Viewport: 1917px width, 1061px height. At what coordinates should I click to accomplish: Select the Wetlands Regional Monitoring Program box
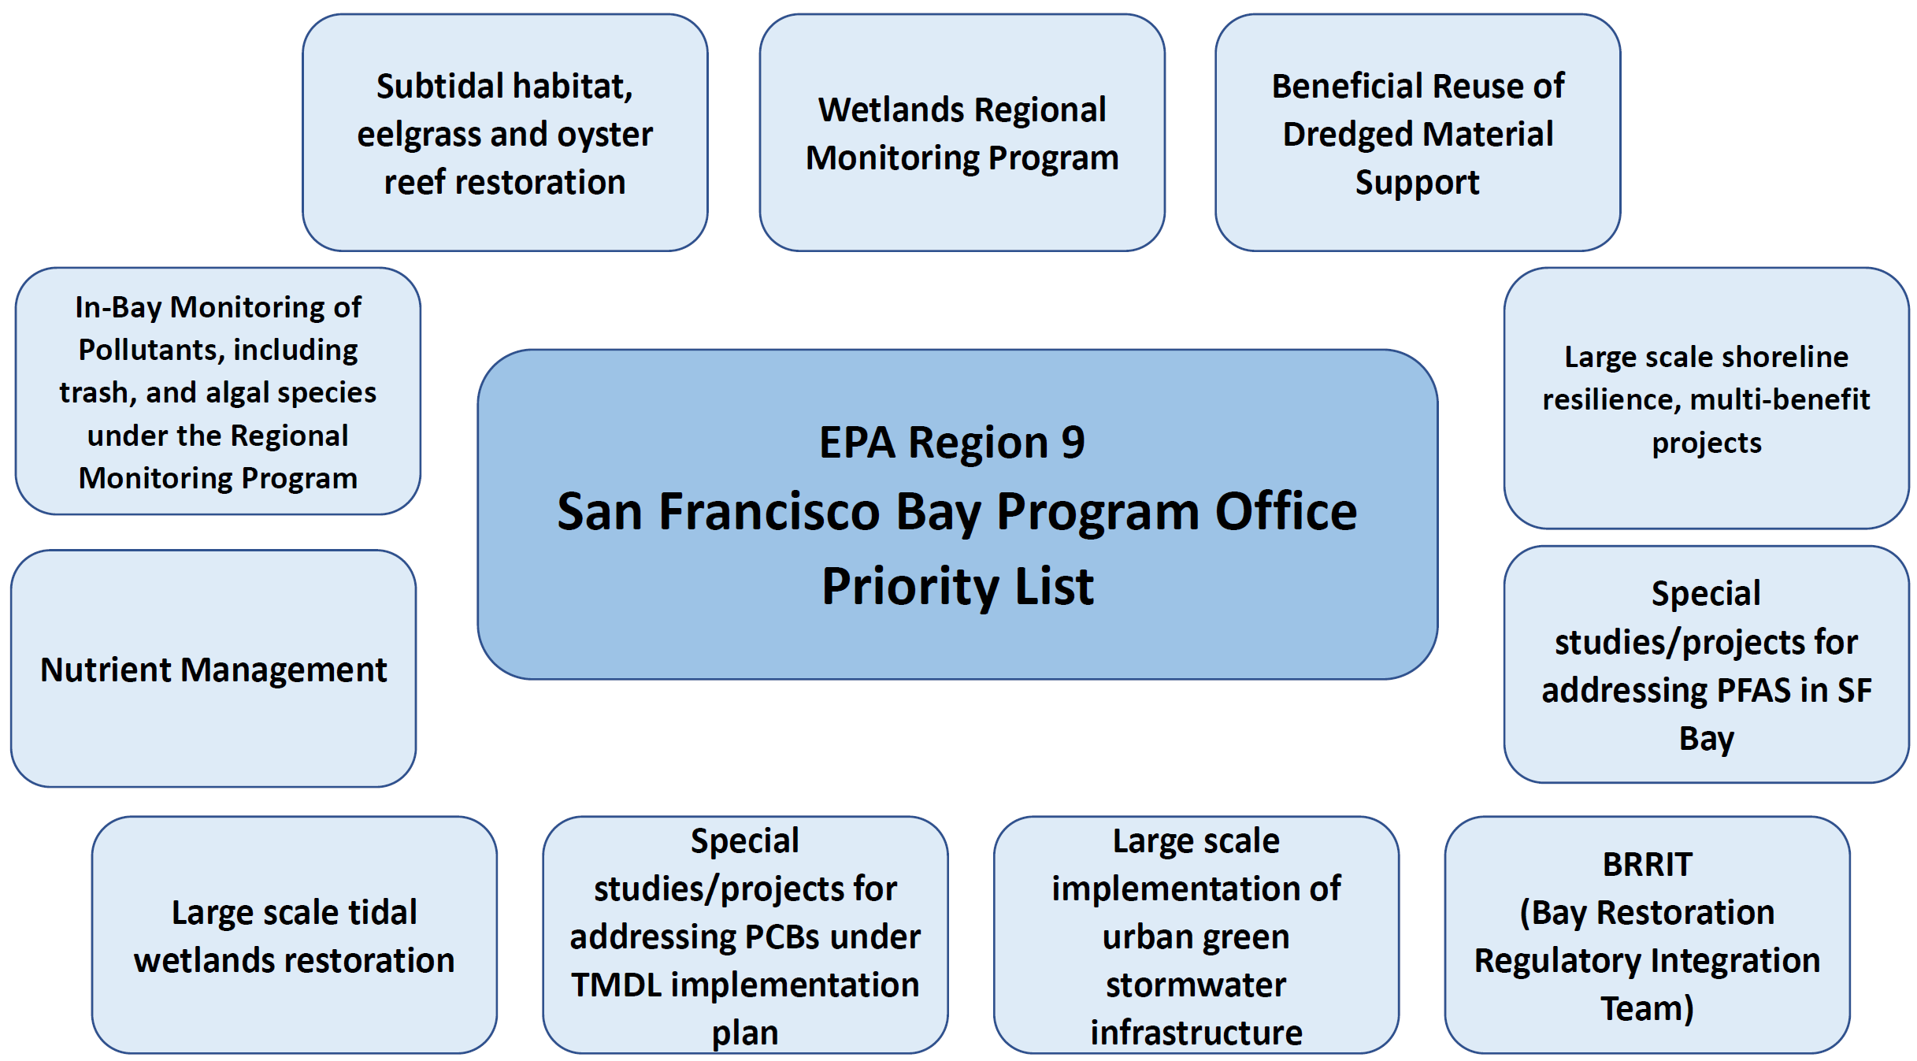point(962,132)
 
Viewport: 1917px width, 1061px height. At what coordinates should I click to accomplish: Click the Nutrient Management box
point(213,668)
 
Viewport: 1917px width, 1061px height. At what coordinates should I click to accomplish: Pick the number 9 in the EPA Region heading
point(1073,442)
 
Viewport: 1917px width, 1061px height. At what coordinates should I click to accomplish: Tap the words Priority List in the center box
point(958,586)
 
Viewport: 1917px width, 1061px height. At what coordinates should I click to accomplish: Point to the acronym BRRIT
point(1647,865)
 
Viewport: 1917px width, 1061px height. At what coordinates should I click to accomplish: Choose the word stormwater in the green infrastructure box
point(1196,985)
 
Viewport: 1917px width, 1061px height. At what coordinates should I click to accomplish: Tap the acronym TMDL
point(616,985)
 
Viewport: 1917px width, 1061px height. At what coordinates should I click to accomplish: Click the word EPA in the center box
point(857,442)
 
